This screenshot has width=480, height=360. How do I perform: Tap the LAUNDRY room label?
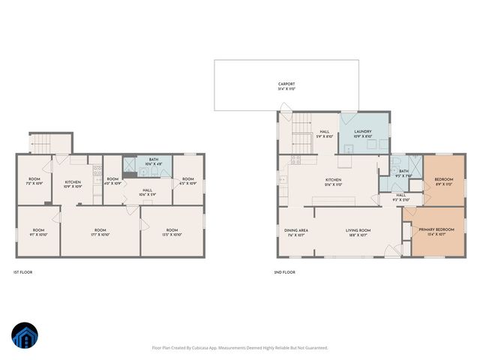pos(362,130)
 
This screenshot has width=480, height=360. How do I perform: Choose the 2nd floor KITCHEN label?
pos(333,180)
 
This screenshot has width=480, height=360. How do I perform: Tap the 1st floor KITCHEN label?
pos(73,181)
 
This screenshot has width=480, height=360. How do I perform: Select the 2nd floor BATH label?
pos(403,172)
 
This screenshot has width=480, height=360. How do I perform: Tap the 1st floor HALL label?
pos(147,191)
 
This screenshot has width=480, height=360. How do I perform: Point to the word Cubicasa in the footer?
pos(205,347)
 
